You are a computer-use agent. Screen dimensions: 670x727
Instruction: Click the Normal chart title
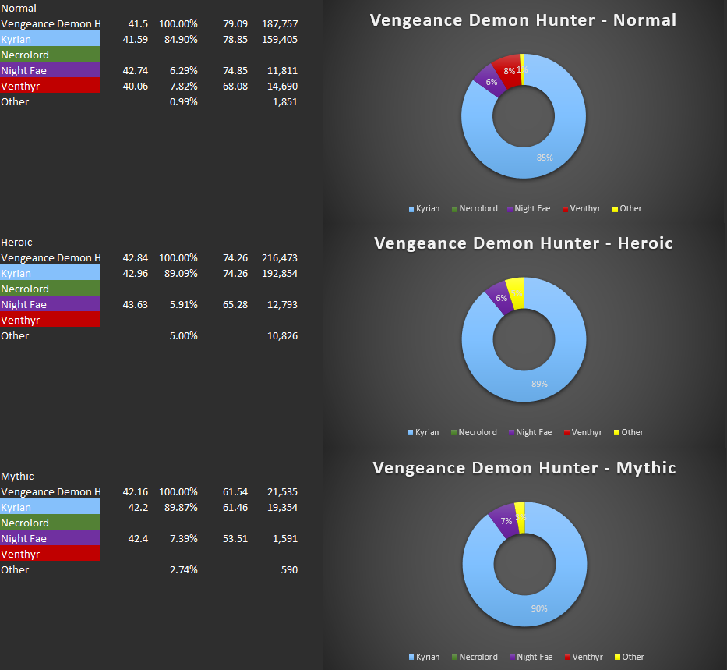click(523, 20)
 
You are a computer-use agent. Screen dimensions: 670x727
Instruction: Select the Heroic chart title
click(523, 243)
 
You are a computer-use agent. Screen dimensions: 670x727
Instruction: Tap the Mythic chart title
click(524, 468)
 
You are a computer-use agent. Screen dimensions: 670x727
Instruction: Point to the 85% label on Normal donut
click(545, 158)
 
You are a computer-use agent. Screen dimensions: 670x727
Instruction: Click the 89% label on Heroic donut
click(540, 384)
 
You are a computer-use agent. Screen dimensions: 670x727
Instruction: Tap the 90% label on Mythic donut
click(539, 608)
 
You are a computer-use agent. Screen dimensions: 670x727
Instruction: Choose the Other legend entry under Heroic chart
click(632, 432)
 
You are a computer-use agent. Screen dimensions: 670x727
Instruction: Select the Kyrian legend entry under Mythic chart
click(426, 657)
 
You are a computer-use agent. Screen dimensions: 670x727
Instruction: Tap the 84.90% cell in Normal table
click(183, 39)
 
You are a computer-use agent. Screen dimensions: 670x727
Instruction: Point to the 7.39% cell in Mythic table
click(183, 538)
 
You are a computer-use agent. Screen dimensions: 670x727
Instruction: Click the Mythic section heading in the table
click(17, 476)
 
